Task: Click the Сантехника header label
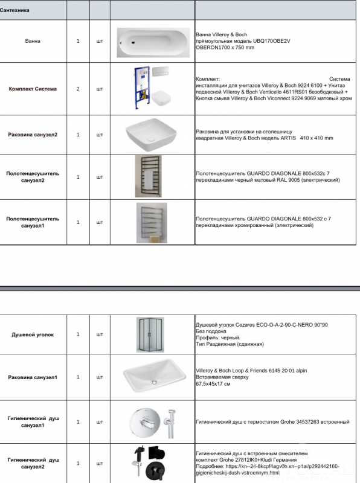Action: pyautogui.click(x=14, y=10)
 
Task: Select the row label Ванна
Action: pyautogui.click(x=33, y=41)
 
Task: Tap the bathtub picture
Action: pyautogui.click(x=153, y=42)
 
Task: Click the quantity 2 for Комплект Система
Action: pyautogui.click(x=78, y=89)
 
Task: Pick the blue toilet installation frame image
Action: pyautogui.click(x=142, y=88)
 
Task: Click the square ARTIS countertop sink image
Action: pyautogui.click(x=151, y=135)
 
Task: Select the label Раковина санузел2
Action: pyautogui.click(x=33, y=135)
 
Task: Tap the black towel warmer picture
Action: pyautogui.click(x=148, y=176)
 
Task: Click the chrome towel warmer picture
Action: pyautogui.click(x=152, y=223)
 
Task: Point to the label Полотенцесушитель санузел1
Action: pyautogui.click(x=33, y=222)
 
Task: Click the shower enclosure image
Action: pyautogui.click(x=150, y=334)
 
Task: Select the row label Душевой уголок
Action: pyautogui.click(x=33, y=334)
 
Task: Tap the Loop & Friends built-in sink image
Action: pyautogui.click(x=154, y=376)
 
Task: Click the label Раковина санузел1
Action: pyautogui.click(x=33, y=377)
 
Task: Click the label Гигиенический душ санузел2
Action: pyautogui.click(x=33, y=463)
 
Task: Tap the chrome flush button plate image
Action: pyautogui.click(x=161, y=71)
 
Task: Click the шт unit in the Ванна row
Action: pyautogui.click(x=100, y=41)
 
